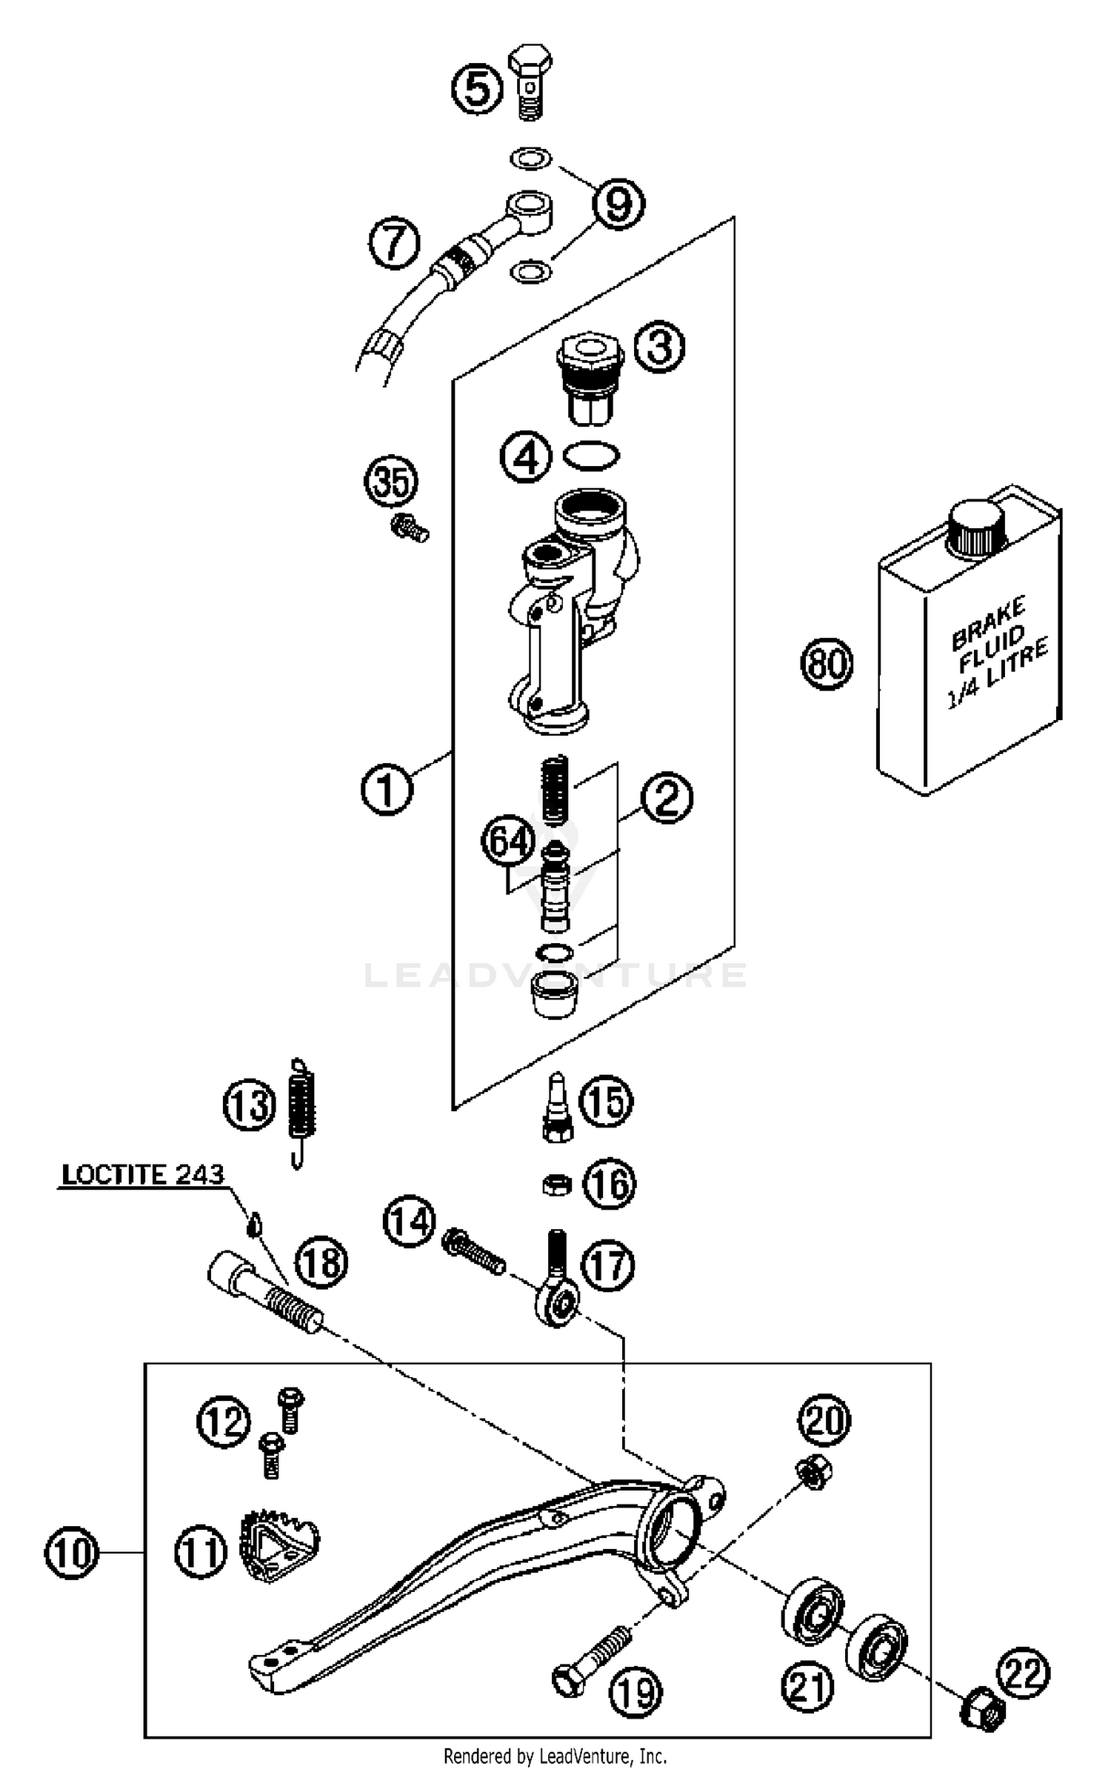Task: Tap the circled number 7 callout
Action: [395, 243]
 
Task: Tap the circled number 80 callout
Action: [827, 662]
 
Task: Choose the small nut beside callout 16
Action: [555, 1186]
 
